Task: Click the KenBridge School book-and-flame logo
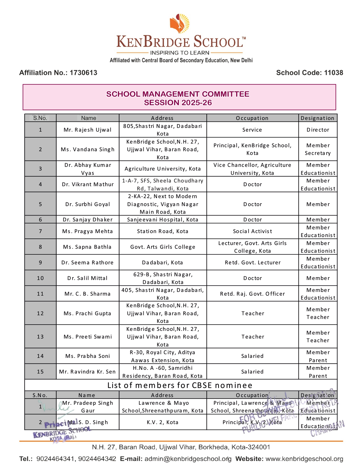[179, 24]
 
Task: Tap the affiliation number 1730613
[83, 73]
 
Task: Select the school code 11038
[333, 73]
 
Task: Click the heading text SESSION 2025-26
[178, 103]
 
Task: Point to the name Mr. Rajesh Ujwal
[87, 130]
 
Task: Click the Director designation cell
[318, 130]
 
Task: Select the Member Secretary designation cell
[318, 149]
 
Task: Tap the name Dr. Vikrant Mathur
[87, 184]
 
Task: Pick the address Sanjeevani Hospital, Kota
[163, 220]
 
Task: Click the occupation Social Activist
[252, 231]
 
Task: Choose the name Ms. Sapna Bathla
[87, 247]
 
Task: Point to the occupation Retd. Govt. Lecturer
[252, 263]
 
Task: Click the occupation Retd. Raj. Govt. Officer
[252, 294]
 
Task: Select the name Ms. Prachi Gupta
[87, 314]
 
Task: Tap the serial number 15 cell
[40, 372]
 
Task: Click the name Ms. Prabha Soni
[87, 356]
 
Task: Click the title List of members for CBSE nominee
[180, 385]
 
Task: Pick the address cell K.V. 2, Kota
[163, 422]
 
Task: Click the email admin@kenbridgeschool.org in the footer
[187, 459]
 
